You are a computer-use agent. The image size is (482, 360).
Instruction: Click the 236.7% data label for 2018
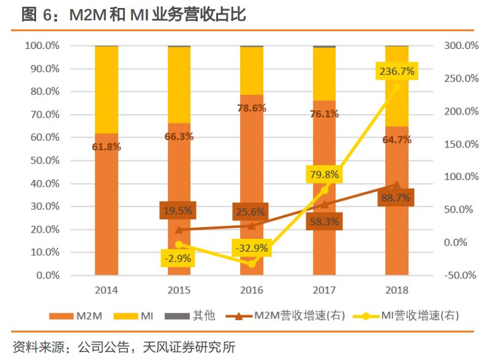click(396, 72)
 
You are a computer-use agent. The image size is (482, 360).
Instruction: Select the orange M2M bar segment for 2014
click(107, 208)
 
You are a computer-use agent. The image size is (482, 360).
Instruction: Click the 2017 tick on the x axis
click(324, 290)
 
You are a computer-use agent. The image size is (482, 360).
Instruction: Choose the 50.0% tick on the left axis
click(42, 160)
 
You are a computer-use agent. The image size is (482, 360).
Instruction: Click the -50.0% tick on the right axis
click(459, 275)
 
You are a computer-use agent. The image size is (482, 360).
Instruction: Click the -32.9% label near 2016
click(251, 248)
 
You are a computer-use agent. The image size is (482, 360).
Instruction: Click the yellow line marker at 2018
click(396, 87)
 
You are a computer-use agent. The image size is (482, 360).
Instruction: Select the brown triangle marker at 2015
click(179, 230)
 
